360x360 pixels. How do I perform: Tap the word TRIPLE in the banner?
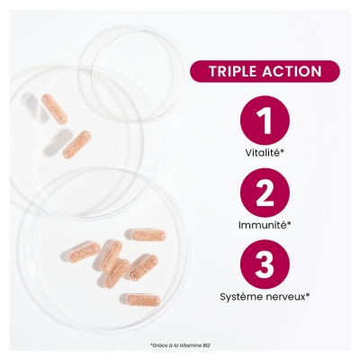point(232,71)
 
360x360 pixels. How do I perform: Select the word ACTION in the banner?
point(291,71)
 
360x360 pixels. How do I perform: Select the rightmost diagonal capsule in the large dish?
point(145,266)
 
